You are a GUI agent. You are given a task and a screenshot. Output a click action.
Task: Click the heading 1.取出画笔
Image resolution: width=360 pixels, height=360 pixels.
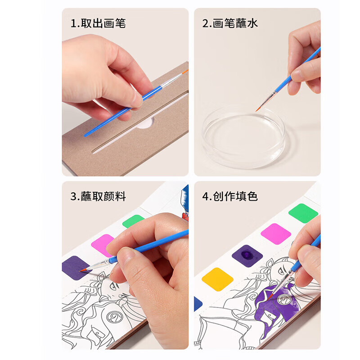[98, 23]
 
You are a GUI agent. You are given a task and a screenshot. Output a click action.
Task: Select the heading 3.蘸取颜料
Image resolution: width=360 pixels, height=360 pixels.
[98, 196]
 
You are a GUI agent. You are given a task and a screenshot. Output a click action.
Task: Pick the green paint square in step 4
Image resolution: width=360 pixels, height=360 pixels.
[303, 213]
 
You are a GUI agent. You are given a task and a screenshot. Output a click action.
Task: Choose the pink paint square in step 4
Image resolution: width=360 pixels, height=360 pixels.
[276, 234]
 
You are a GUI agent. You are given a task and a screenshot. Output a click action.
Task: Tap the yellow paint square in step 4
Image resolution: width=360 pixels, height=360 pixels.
[217, 279]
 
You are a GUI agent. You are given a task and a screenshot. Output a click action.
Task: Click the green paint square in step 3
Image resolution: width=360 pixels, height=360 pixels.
[133, 221]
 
